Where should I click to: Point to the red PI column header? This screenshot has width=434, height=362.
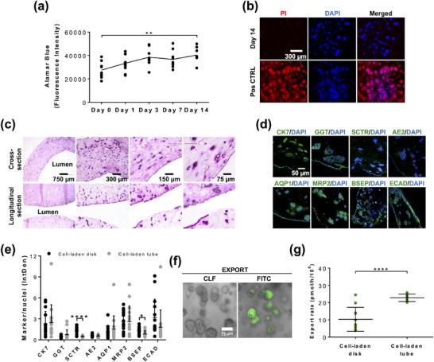tap(284, 14)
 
